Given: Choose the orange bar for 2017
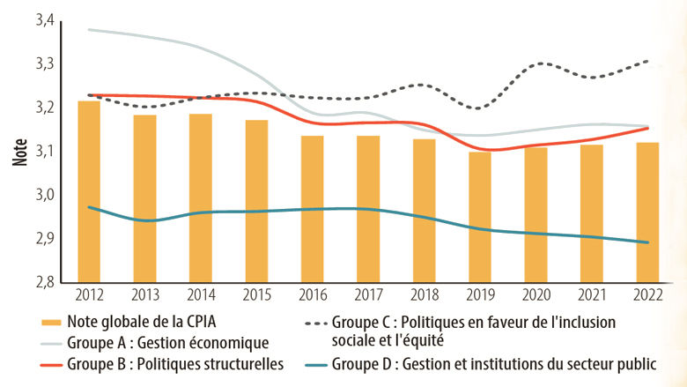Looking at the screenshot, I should [x=368, y=209].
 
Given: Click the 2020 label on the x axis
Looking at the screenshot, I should [x=536, y=294].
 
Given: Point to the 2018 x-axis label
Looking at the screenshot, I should [x=425, y=294].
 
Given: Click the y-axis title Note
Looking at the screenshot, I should [x=19, y=152].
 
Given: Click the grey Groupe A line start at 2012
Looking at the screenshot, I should [x=89, y=30].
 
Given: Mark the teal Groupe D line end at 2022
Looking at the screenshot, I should [x=649, y=242].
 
